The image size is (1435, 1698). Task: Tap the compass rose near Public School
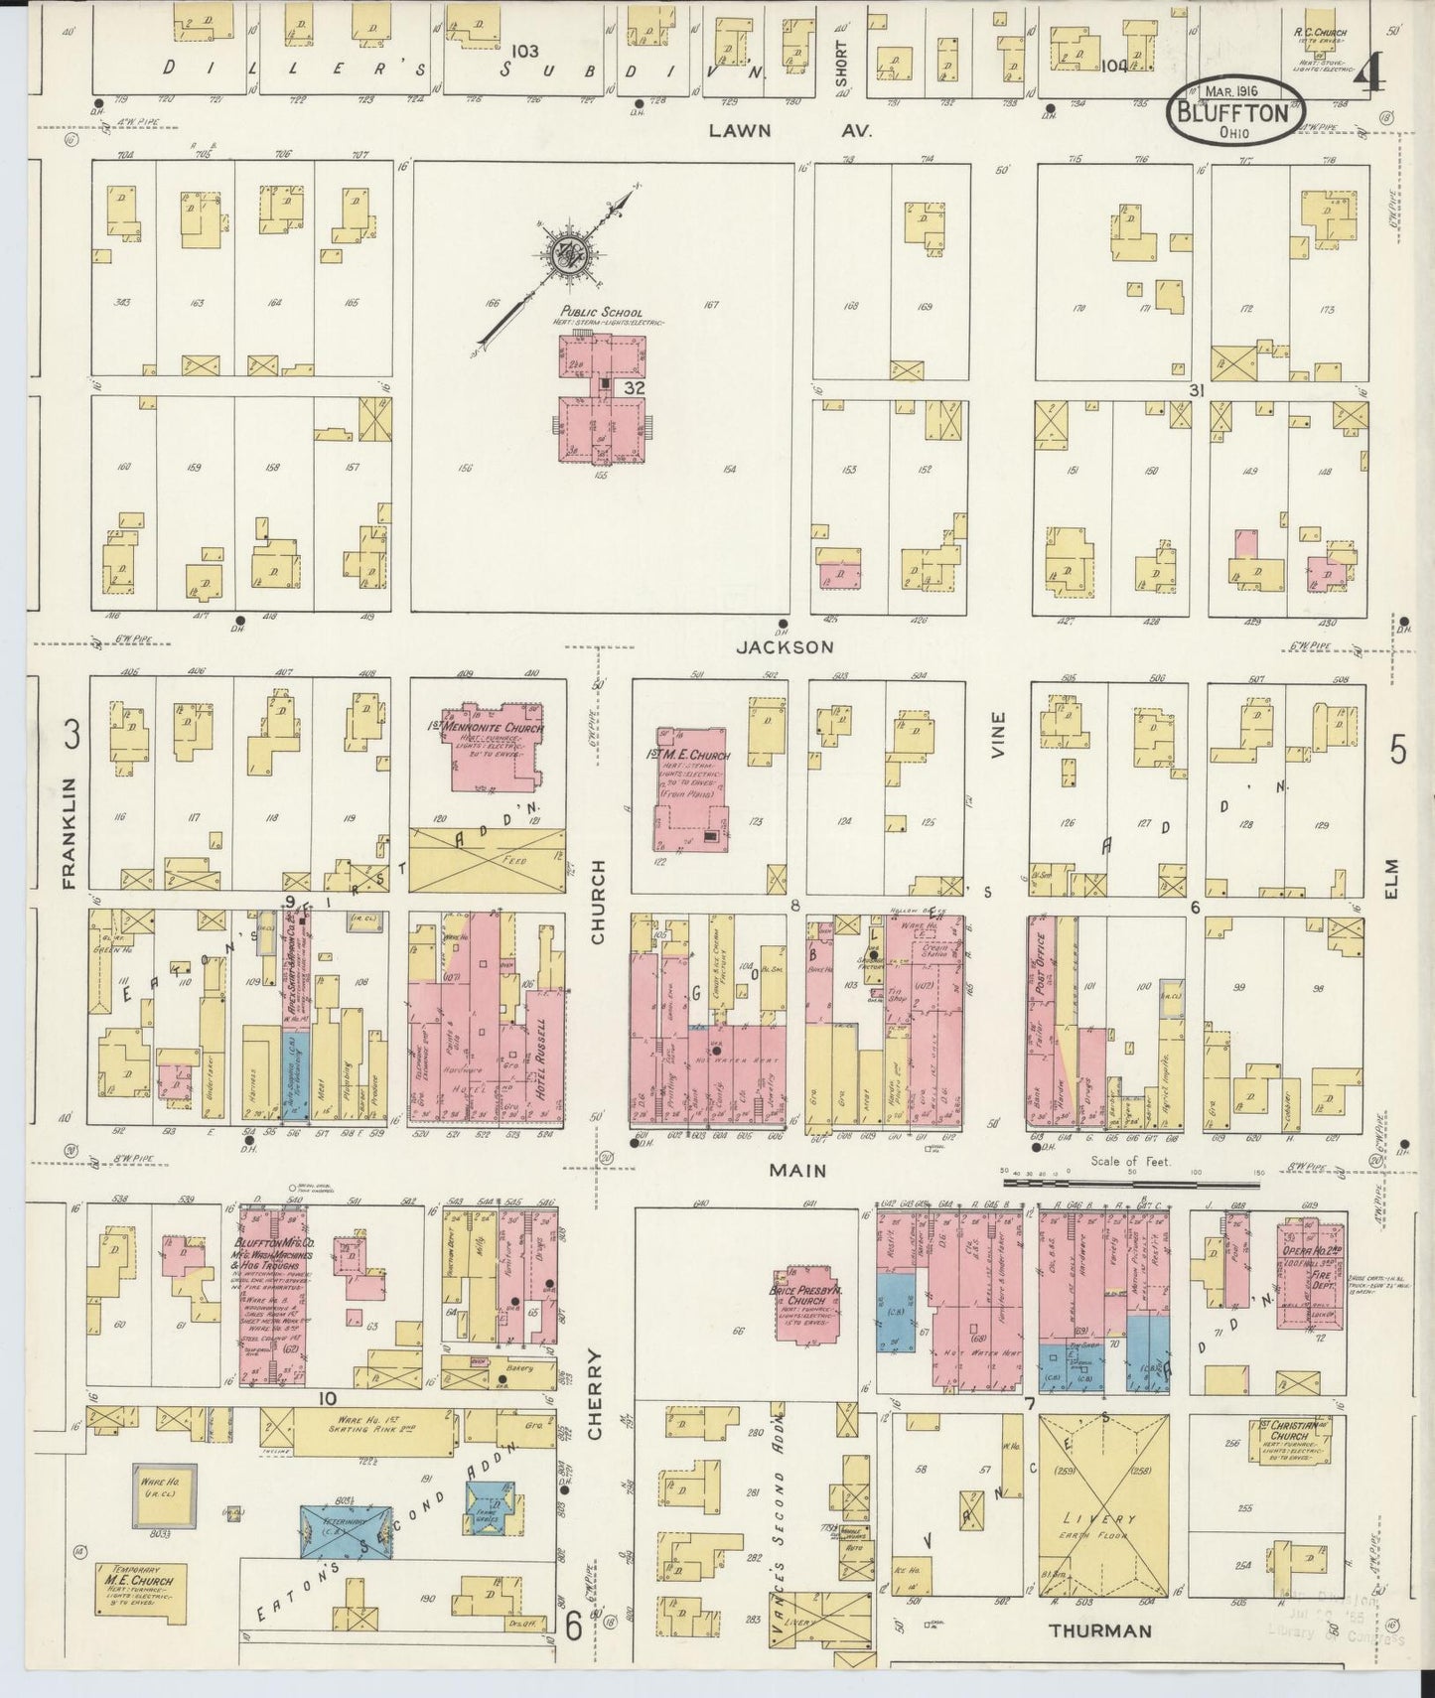[570, 254]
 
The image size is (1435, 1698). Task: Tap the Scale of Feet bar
[1131, 1183]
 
